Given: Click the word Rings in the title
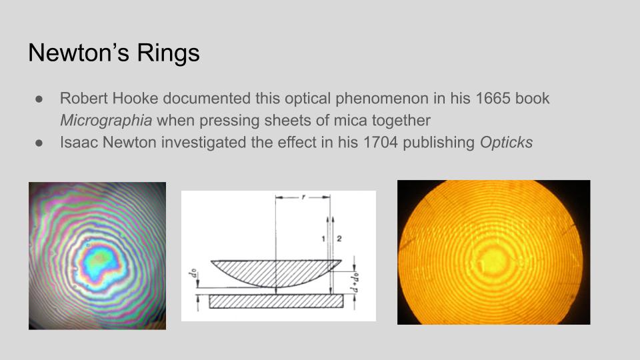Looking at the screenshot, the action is pos(168,53).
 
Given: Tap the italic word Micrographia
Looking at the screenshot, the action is pos(106,121).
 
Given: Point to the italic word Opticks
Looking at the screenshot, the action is pos(506,143).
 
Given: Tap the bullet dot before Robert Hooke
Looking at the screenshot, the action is pos(39,99).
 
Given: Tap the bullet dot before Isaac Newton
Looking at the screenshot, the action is pos(39,143).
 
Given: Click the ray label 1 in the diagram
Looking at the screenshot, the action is pos(323,239).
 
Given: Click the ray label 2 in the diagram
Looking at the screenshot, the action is pos(339,239).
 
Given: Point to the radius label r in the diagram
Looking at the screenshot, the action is pos(303,197).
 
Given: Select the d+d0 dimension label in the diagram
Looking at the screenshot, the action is pos(355,282).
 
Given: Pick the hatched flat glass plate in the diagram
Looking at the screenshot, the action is pos(276,301).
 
